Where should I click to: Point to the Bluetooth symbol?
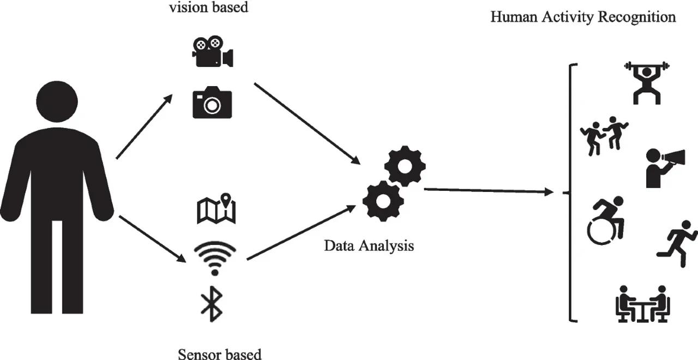(212, 304)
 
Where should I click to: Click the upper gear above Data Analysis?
(405, 165)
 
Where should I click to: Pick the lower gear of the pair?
(383, 200)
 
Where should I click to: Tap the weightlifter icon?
(647, 82)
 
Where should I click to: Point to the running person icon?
(677, 243)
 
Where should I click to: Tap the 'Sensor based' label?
(220, 353)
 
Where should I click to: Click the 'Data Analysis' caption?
(369, 245)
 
